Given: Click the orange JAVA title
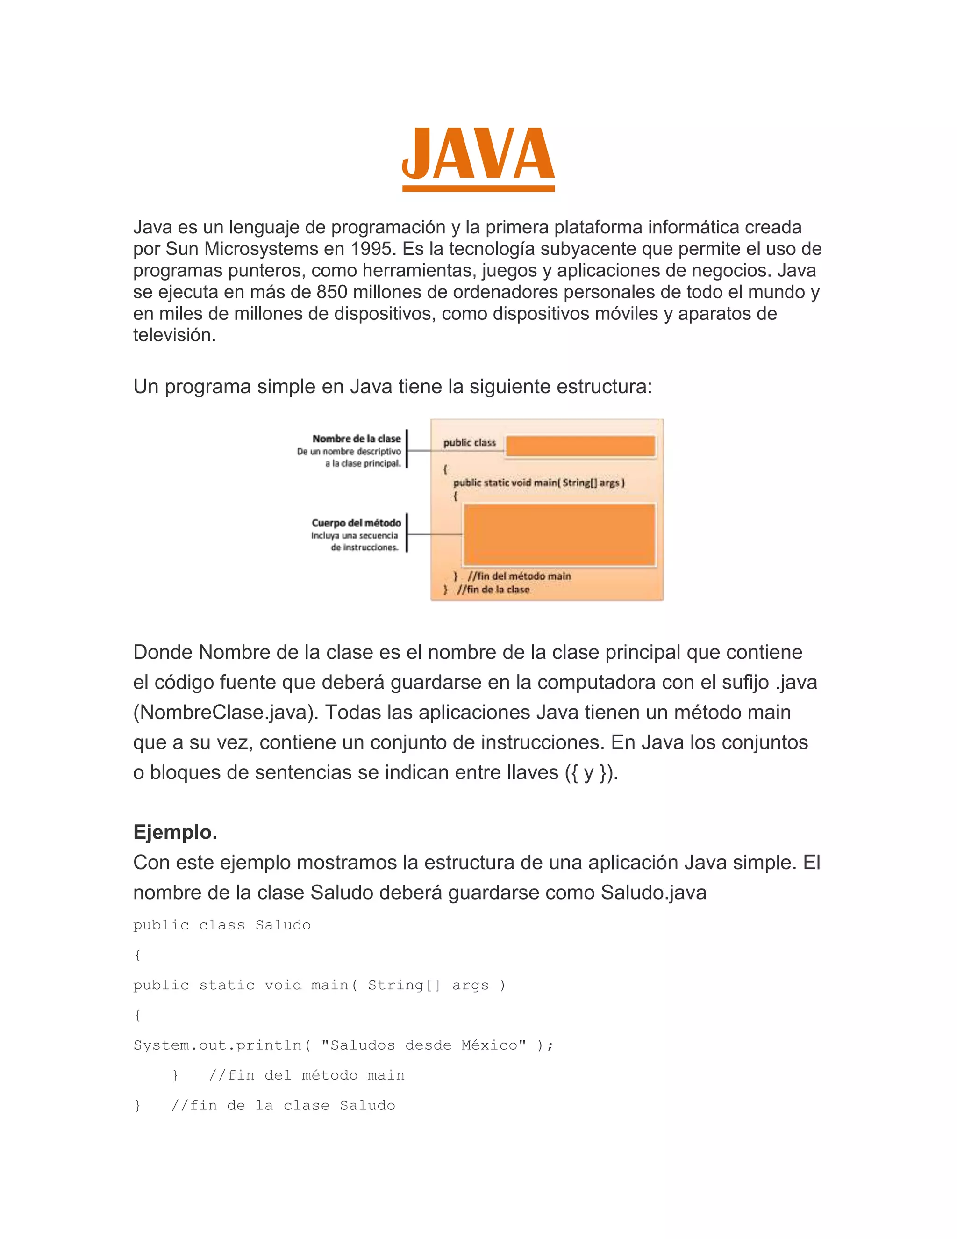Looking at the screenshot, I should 478,154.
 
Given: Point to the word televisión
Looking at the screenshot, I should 174,335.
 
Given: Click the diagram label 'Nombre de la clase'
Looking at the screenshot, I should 356,439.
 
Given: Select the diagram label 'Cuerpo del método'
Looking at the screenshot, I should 356,523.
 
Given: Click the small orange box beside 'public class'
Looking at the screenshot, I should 580,446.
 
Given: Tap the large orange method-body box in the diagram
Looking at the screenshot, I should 559,534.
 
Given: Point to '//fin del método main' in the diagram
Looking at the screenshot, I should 519,576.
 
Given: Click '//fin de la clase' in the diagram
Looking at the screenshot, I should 493,590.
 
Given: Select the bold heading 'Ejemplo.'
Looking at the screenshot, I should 175,832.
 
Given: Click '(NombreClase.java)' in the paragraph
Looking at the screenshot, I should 226,712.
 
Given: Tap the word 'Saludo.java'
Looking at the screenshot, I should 653,893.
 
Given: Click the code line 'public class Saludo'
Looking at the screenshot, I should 221,925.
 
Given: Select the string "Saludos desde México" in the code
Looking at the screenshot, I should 423,1045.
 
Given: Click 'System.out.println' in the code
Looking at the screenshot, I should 217,1045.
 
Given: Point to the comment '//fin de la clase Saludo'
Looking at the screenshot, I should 283,1105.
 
